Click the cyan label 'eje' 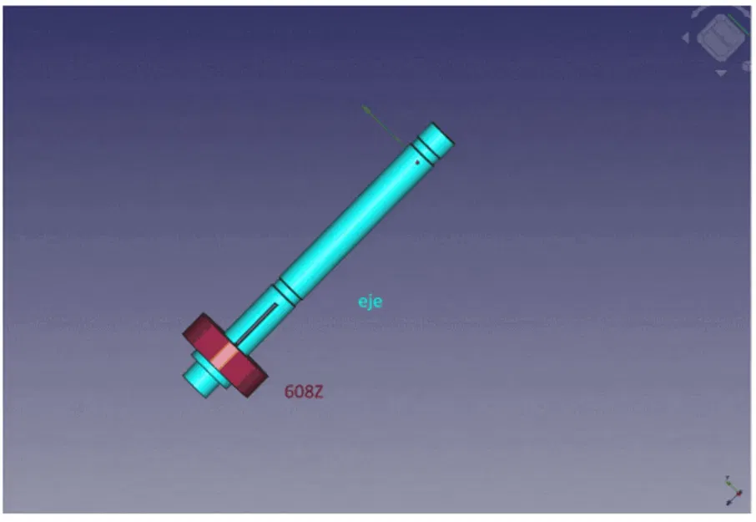pyautogui.click(x=370, y=302)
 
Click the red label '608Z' pyautogui.click(x=303, y=391)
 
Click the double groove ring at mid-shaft pyautogui.click(x=287, y=290)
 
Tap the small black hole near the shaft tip pyautogui.click(x=417, y=162)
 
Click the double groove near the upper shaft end pyautogui.click(x=426, y=151)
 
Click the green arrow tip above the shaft pyautogui.click(x=365, y=108)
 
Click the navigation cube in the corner pyautogui.click(x=717, y=38)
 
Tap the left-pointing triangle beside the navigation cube pyautogui.click(x=686, y=38)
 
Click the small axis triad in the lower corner pyautogui.click(x=732, y=492)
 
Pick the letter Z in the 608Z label pyautogui.click(x=317, y=391)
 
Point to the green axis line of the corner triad pyautogui.click(x=728, y=483)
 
